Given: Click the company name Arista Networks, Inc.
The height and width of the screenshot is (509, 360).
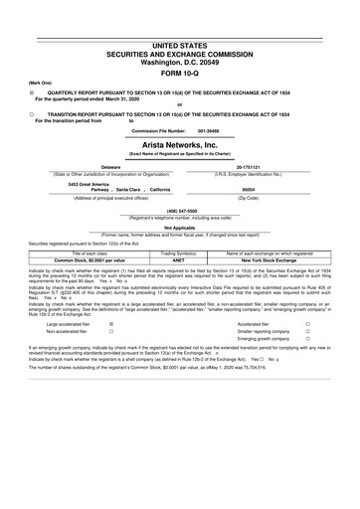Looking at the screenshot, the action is coord(180,143).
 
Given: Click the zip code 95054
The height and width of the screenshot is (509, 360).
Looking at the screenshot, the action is coord(252,188).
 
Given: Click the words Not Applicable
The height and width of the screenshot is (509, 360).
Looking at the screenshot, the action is coord(180,228).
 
